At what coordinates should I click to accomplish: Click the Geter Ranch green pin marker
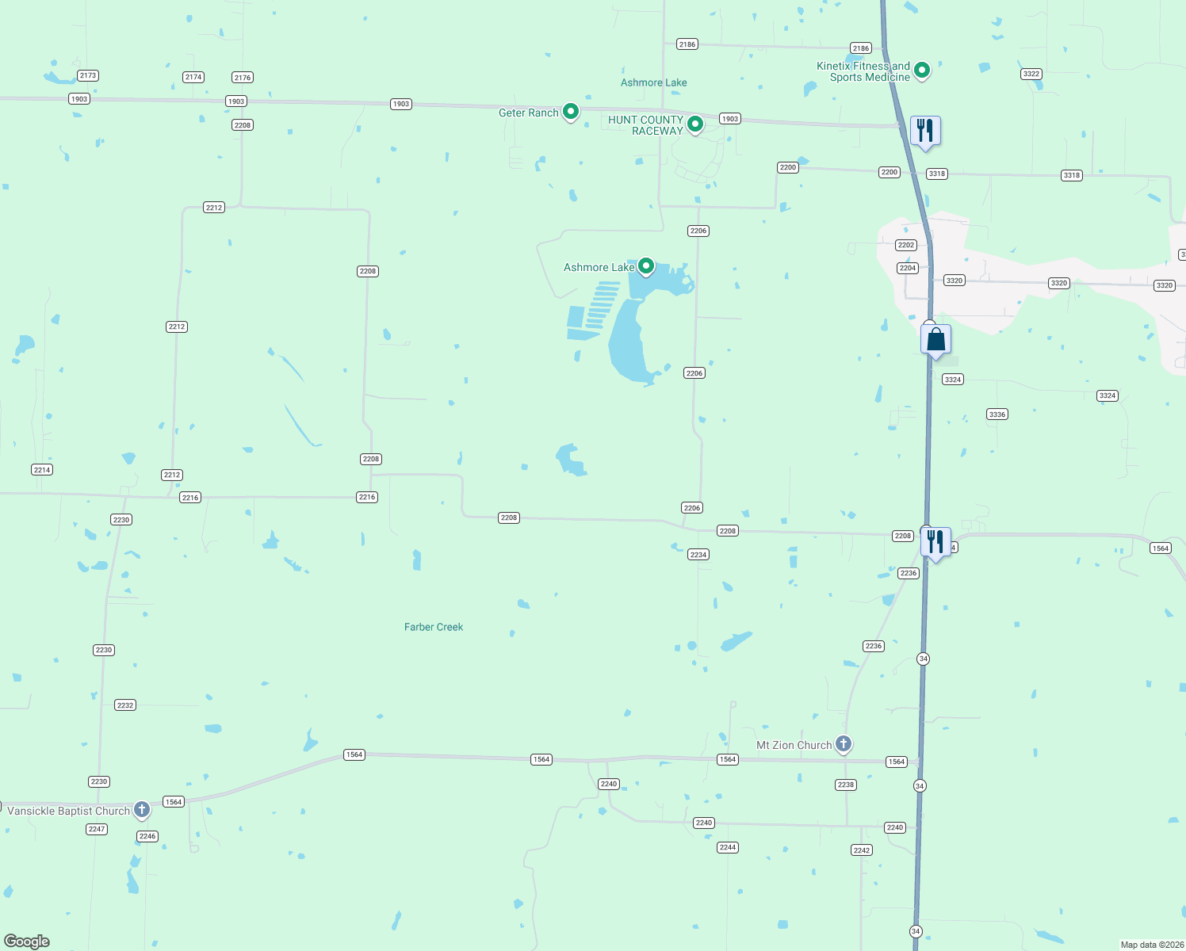pyautogui.click(x=570, y=112)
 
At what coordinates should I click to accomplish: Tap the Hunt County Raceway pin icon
pyautogui.click(x=695, y=124)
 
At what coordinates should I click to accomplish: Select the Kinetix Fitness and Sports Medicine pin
pyautogui.click(x=922, y=70)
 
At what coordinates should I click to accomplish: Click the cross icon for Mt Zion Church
pyautogui.click(x=844, y=743)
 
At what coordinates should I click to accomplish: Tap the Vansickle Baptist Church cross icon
pyautogui.click(x=142, y=809)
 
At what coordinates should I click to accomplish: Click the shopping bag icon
pyautogui.click(x=935, y=339)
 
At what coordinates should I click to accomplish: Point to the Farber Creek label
pyautogui.click(x=434, y=627)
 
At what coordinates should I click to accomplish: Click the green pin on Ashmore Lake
pyautogui.click(x=646, y=266)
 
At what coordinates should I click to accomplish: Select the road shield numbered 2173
pyautogui.click(x=87, y=75)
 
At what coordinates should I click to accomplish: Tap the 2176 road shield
pyautogui.click(x=243, y=78)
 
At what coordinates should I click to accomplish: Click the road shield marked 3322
pyautogui.click(x=1031, y=74)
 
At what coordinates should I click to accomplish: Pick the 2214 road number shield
pyautogui.click(x=42, y=470)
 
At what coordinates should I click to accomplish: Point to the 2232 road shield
pyautogui.click(x=125, y=705)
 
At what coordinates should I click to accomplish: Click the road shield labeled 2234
pyautogui.click(x=698, y=555)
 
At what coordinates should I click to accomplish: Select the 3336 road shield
pyautogui.click(x=997, y=414)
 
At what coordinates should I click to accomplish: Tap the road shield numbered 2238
pyautogui.click(x=846, y=785)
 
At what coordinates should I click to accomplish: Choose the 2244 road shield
pyautogui.click(x=728, y=847)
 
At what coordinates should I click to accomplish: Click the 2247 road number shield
pyautogui.click(x=97, y=829)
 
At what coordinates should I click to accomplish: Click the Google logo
pyautogui.click(x=27, y=941)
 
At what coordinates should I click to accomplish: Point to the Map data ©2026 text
pyautogui.click(x=1152, y=945)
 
